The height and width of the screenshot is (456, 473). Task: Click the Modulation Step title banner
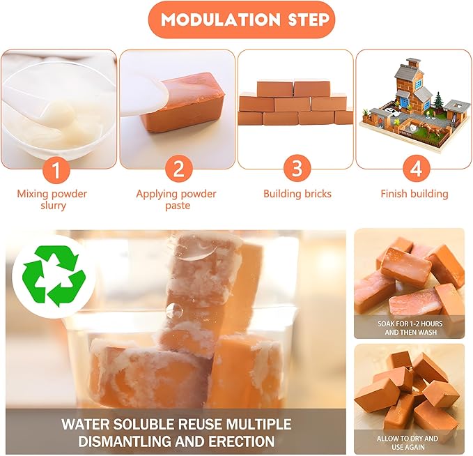pos(242,20)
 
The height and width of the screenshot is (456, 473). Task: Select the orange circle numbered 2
pos(178,169)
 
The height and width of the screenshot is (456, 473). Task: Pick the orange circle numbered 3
pos(297,169)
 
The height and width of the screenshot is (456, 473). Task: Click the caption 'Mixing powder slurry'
pos(52,199)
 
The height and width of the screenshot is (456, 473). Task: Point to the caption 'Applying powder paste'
pos(176,199)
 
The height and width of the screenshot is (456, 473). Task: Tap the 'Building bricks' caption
pos(297,194)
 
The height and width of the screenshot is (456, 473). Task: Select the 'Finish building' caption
pos(414,194)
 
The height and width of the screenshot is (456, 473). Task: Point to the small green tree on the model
pos(437,101)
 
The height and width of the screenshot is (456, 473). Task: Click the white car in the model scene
pos(393,112)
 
